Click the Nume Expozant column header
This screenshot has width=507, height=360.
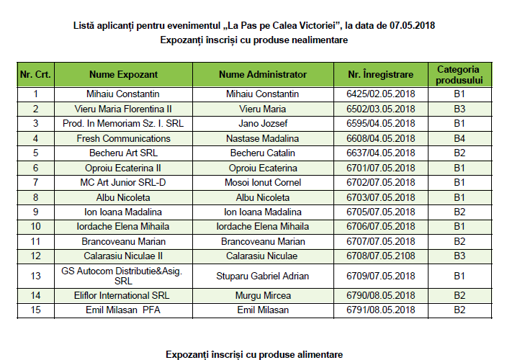coord(117,75)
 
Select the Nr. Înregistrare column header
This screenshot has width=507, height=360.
coord(380,75)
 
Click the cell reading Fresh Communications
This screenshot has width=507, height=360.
coord(117,138)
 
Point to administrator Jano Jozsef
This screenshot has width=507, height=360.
coord(262,123)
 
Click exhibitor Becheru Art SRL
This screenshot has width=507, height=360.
coord(117,153)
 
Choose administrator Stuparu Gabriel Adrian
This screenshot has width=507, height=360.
coord(262,276)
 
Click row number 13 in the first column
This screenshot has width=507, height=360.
coord(36,276)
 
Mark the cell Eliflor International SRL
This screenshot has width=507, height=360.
coord(117,296)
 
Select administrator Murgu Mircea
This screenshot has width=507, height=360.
coord(262,296)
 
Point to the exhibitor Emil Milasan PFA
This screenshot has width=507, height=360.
coord(117,310)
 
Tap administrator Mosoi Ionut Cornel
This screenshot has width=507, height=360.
coord(262,182)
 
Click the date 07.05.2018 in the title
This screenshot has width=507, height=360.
coord(413,25)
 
